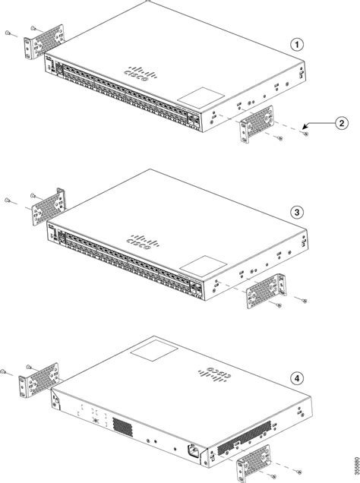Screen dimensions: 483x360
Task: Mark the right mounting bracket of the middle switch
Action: [261, 291]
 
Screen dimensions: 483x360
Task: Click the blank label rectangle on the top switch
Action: [199, 98]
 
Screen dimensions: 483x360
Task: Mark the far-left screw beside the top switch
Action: [7, 34]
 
